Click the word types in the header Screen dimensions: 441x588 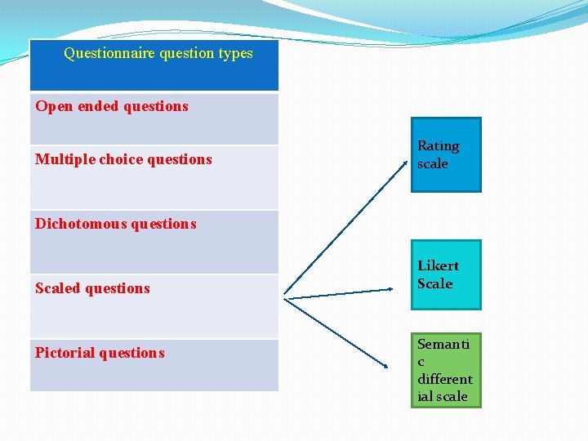(235, 54)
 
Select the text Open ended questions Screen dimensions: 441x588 (112, 106)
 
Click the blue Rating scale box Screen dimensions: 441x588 (446, 154)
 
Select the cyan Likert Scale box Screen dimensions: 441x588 (446, 274)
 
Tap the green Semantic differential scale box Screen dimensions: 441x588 (446, 370)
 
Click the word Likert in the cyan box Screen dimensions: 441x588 (438, 265)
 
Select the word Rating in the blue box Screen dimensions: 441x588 (438, 145)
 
